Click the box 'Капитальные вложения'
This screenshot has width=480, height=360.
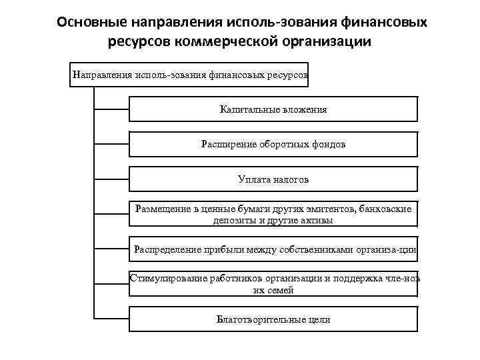tap(273, 109)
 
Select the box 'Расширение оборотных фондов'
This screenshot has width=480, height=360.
tap(273, 144)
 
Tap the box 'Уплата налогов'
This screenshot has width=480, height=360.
tap(273, 179)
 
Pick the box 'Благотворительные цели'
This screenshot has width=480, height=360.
tap(273, 319)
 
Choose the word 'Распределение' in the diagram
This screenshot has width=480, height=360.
tap(166, 249)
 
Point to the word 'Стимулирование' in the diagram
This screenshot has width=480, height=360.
tap(165, 279)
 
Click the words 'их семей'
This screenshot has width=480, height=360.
tap(273, 290)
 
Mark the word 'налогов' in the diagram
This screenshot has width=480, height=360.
tap(291, 179)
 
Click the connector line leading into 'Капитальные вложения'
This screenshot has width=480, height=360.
tap(111, 109)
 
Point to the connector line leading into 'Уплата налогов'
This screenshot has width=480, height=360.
tap(111, 179)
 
